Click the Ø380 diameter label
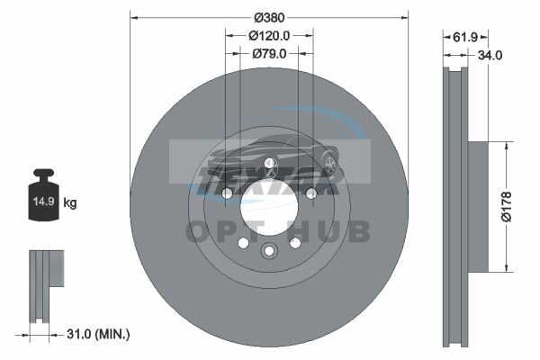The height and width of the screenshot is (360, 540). [x=269, y=18]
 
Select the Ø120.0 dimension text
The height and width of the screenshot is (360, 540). [x=269, y=35]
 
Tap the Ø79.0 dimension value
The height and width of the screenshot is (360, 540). [x=269, y=54]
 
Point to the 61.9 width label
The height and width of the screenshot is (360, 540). [x=465, y=37]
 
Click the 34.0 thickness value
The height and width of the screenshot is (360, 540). [x=490, y=55]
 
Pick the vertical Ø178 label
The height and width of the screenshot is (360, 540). [x=507, y=207]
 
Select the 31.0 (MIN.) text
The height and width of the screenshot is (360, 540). [x=98, y=334]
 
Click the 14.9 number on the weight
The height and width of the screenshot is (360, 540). [x=44, y=202]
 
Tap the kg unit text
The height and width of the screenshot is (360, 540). [x=70, y=202]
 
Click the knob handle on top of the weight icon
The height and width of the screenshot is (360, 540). [x=44, y=174]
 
